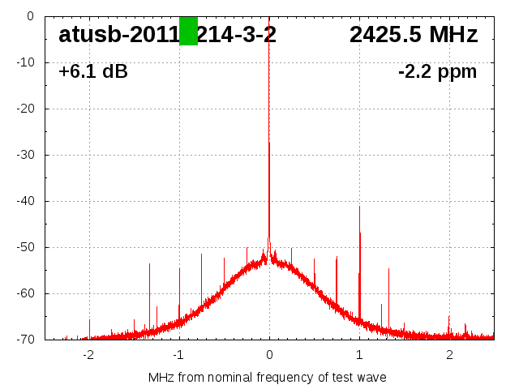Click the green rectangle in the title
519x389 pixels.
188,31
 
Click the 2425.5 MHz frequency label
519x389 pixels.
414,35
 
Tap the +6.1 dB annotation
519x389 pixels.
93,72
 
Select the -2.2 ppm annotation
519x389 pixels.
437,72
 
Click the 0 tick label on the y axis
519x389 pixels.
30,16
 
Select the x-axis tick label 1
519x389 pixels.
359,355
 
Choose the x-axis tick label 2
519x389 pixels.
449,355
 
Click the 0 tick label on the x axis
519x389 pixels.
269,355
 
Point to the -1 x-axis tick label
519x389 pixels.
178,355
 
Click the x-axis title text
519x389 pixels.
268,378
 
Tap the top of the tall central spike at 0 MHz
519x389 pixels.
269,18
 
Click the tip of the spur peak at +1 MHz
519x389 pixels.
359,207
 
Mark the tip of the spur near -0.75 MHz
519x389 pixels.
202,254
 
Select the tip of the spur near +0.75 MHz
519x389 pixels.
337,257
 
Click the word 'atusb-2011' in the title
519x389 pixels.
118,35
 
